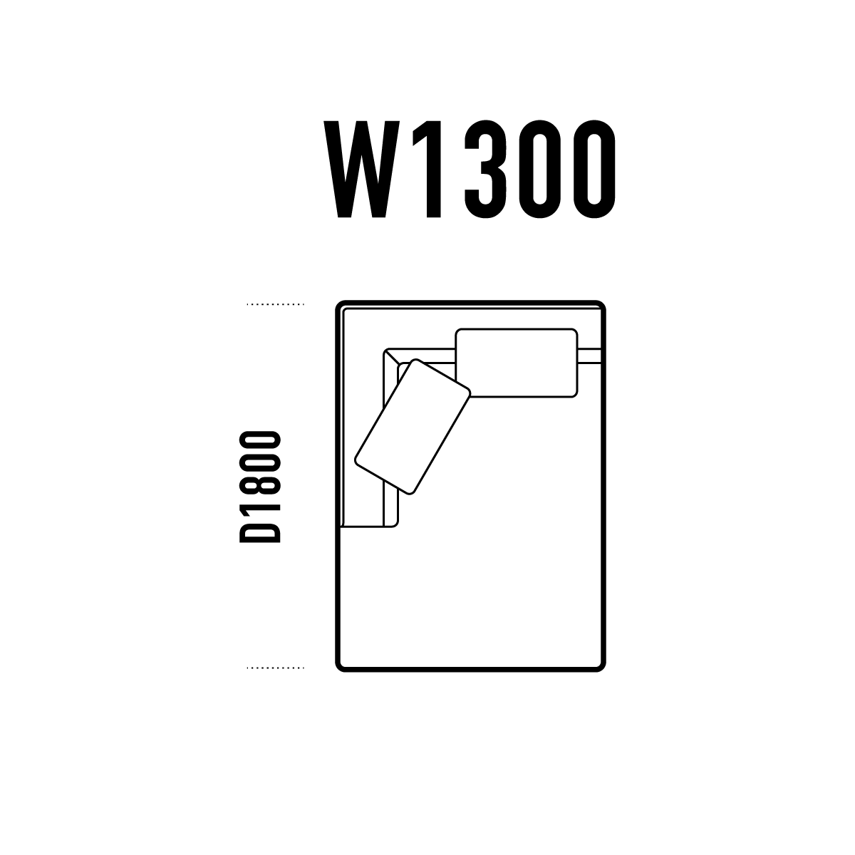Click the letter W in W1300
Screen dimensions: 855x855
coord(362,169)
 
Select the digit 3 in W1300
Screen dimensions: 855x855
coord(485,169)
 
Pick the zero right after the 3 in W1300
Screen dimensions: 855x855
coord(539,169)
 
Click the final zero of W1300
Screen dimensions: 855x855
coord(594,169)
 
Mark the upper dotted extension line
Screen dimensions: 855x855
coord(276,304)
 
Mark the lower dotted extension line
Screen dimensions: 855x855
coord(276,668)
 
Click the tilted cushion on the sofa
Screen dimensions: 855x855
coord(413,427)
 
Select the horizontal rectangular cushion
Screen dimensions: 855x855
coord(517,363)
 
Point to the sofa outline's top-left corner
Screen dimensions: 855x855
coord(337,303)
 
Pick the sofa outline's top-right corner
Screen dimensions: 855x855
coord(604,303)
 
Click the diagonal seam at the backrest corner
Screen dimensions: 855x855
coord(391,356)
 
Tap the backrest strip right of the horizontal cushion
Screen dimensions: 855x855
coord(590,356)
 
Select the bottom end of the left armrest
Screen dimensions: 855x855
coord(369,527)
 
